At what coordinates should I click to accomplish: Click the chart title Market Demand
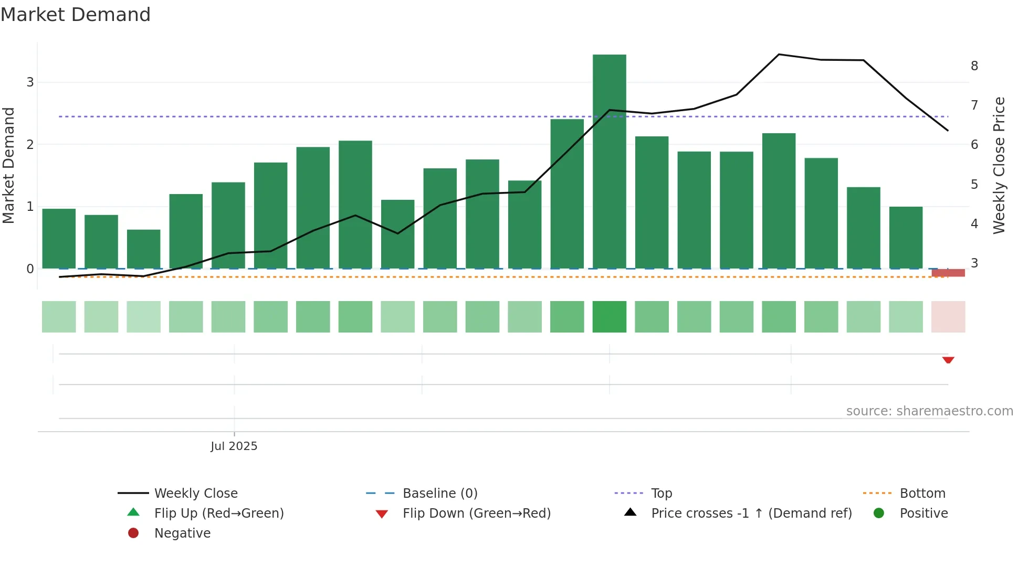pos(76,15)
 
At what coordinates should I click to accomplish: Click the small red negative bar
pos(948,273)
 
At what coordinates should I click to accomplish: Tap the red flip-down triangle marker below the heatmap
pos(948,360)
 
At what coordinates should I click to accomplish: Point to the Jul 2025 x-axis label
pos(234,446)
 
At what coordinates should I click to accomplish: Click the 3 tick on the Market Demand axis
pos(30,82)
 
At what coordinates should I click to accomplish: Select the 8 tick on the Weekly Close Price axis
pos(974,66)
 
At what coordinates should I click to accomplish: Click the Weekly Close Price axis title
pos(999,165)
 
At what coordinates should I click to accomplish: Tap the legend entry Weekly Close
pos(195,494)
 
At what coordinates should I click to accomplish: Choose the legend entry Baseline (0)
pos(439,494)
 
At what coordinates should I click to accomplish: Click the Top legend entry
pos(661,494)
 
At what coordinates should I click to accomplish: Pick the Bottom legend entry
pos(922,494)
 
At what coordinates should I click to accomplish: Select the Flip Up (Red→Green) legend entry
pos(218,513)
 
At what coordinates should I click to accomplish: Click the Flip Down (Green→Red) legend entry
pos(476,513)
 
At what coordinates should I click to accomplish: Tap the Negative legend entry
pos(182,533)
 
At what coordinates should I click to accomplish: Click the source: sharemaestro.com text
pos(929,411)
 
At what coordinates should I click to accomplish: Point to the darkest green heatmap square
pos(609,317)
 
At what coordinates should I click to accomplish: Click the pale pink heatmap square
pos(948,317)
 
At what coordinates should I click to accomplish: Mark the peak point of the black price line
pos(779,55)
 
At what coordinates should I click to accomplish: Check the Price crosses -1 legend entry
pos(751,513)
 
